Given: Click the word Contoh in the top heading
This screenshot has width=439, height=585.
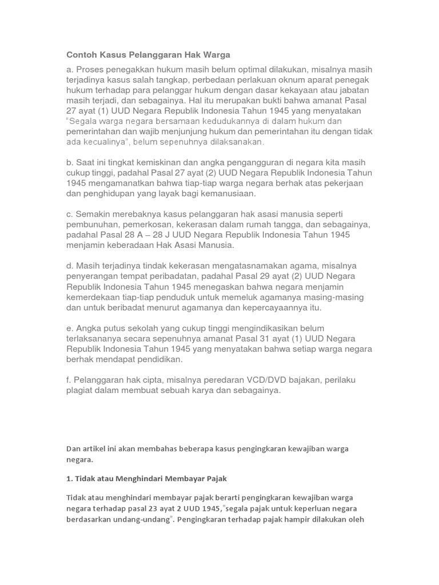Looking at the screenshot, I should (x=83, y=55).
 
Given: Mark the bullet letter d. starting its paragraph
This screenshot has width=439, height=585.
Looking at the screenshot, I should (x=70, y=266).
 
